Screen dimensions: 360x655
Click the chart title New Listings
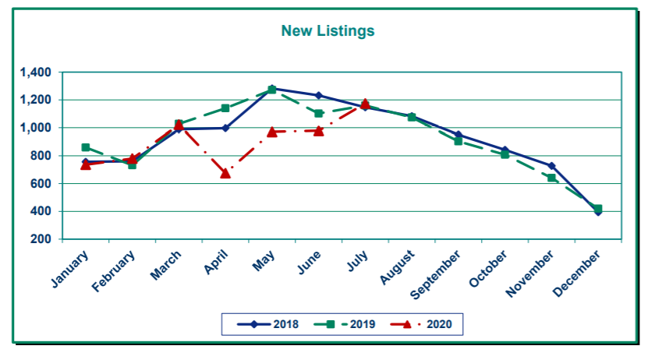pos(327,31)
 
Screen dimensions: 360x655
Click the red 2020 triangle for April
pos(225,173)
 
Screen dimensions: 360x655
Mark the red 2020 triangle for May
pos(271,132)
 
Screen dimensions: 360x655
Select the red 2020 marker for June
pos(318,130)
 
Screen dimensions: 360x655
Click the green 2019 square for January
pos(86,147)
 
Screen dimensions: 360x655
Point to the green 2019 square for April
pos(225,108)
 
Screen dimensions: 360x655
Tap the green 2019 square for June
pos(318,113)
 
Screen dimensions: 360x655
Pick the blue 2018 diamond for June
pos(318,95)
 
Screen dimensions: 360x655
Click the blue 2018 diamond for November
pos(551,166)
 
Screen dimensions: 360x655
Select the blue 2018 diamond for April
pos(225,128)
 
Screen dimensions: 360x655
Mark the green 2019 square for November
pos(551,178)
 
